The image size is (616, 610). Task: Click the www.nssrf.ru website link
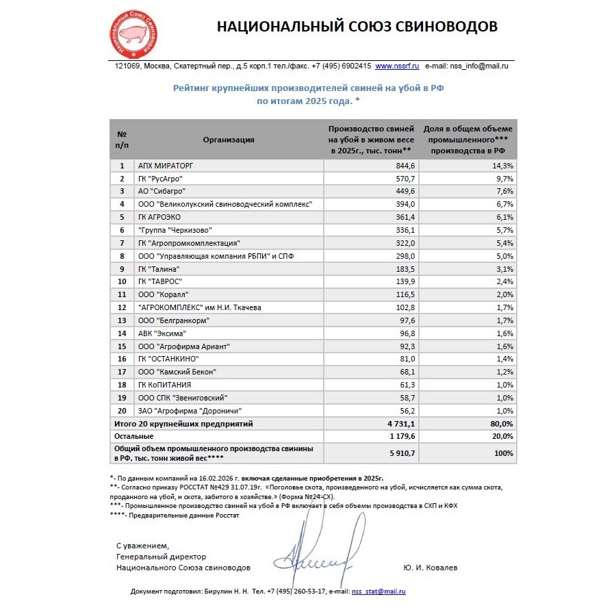[397, 66]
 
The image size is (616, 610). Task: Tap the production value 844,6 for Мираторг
[405, 166]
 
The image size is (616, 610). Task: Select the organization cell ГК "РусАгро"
[160, 178]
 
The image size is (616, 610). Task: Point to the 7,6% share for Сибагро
[503, 191]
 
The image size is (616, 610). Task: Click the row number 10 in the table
[122, 281]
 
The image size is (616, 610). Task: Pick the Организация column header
[229, 140]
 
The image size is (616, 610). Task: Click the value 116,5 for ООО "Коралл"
[405, 294]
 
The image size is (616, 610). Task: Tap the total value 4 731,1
[400, 424]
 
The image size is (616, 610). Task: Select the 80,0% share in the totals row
[501, 424]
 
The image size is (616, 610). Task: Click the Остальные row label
[133, 435]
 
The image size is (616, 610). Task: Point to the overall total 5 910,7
[400, 453]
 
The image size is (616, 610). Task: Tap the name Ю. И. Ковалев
[430, 568]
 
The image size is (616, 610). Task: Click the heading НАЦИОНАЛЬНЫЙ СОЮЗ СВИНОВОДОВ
[357, 27]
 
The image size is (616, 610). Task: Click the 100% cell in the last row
[503, 453]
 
